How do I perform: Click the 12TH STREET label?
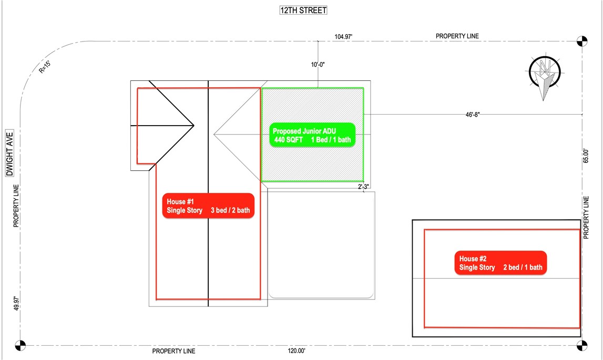point(303,11)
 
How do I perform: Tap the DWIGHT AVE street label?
point(9,153)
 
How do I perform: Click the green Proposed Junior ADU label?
point(312,135)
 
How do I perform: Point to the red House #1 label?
point(208,206)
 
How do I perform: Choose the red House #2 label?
point(500,263)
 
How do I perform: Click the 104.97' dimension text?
point(343,37)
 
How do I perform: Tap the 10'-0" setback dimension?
point(318,65)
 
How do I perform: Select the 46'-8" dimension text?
point(473,115)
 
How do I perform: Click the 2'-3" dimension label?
point(363,187)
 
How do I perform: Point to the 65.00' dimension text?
point(586,156)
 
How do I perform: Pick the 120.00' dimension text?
point(297,351)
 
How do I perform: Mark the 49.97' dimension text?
point(16,303)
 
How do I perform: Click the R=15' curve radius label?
point(45,67)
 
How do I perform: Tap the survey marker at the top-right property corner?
point(582,41)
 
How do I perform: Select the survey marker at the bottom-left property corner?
point(21,345)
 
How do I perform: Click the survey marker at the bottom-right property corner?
point(582,345)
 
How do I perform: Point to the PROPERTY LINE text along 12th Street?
point(457,36)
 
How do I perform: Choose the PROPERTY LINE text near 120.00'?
point(174,351)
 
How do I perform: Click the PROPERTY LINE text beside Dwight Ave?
point(16,206)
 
